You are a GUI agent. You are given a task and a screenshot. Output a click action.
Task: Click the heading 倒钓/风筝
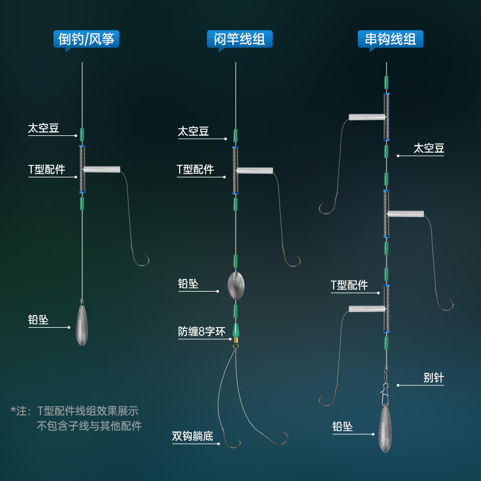coord(87,39)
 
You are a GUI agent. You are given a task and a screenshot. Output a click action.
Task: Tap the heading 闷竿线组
coord(240,39)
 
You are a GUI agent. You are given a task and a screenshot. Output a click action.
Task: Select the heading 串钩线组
coord(391,39)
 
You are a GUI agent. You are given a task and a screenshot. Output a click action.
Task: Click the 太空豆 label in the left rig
coord(43,128)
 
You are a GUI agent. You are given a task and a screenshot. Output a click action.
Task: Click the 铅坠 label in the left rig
coord(38,320)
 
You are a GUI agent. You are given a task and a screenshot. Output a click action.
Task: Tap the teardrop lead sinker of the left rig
coord(82,325)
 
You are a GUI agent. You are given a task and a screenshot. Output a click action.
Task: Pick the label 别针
coord(432,378)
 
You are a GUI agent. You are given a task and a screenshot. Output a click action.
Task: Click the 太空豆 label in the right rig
coord(429,148)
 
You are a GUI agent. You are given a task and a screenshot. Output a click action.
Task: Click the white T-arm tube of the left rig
coord(102,170)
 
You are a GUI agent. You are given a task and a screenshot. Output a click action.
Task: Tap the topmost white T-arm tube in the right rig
coord(366,117)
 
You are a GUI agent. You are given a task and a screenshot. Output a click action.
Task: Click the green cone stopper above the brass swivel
coord(236,329)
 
